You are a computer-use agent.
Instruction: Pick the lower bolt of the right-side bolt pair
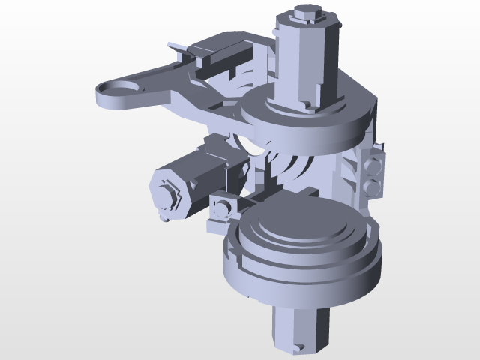coord(373,185)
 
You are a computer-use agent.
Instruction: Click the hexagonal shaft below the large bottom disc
coord(300,326)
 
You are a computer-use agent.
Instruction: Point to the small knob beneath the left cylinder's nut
coord(164,217)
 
